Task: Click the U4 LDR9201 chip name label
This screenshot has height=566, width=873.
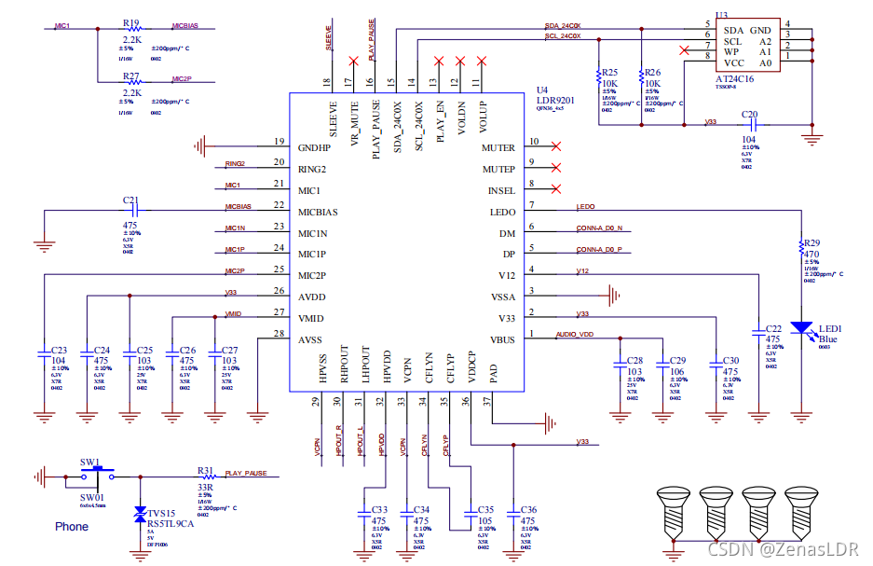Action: pos(557,101)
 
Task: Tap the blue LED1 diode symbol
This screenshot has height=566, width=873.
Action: pos(801,328)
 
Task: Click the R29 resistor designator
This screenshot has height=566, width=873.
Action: pos(811,242)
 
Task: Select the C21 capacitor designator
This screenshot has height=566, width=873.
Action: pos(130,200)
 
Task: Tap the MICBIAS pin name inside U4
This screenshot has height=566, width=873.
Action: pos(318,212)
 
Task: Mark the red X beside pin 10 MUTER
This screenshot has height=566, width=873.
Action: pos(556,146)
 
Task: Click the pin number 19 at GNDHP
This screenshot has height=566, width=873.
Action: pos(278,142)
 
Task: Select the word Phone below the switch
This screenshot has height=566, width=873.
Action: pos(72,527)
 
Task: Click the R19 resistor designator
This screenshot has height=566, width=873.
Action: pos(130,23)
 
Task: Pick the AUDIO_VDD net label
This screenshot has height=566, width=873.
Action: pos(575,334)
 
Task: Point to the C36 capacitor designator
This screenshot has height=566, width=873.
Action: pos(528,510)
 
